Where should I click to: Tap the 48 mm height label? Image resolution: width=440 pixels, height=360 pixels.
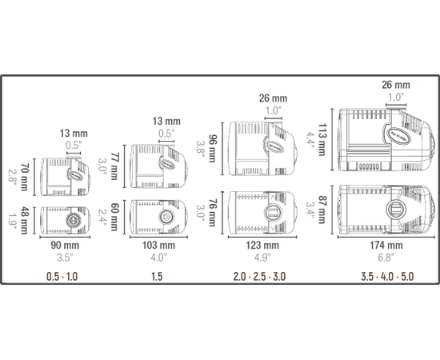coord(25,218)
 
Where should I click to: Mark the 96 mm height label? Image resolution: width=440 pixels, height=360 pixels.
coord(213,150)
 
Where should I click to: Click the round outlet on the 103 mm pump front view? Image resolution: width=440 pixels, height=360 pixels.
coord(167,217)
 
